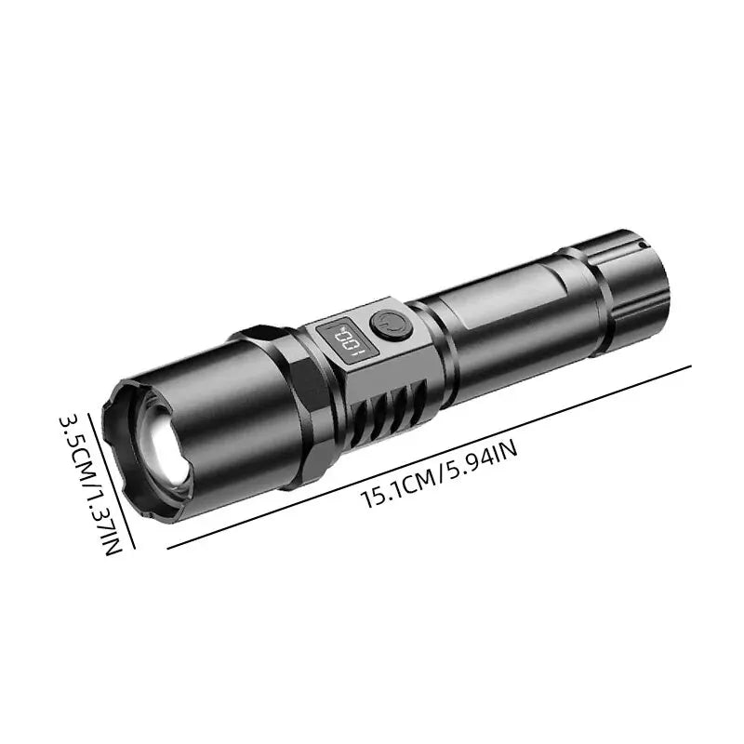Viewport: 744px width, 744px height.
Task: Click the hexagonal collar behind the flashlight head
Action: click(x=279, y=391)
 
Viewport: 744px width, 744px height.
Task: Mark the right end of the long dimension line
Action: click(x=691, y=366)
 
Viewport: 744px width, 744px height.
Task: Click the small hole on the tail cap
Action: click(x=642, y=244)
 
